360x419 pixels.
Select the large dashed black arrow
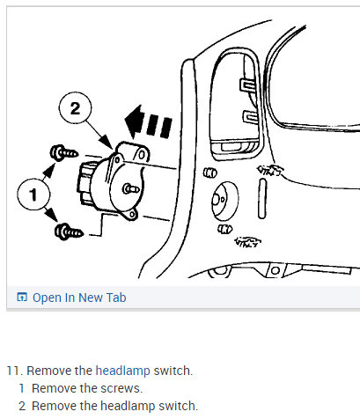coord(148,118)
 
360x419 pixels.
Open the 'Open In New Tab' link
coord(78,298)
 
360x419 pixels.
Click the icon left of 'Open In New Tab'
coord(22,298)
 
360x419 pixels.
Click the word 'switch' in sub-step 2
coord(178,405)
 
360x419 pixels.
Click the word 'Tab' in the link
coord(114,298)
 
